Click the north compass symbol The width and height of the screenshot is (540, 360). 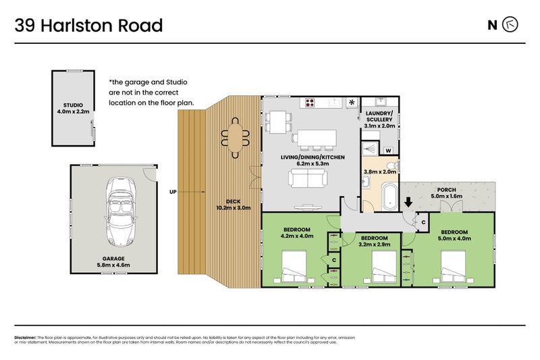pos(511,26)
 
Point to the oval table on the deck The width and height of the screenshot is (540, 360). pos(234,136)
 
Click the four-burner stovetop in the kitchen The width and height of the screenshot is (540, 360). pos(310,103)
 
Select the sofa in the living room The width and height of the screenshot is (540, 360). pos(308,178)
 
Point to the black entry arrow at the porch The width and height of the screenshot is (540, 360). pos(407,201)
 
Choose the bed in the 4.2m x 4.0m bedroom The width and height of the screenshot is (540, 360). pos(292,266)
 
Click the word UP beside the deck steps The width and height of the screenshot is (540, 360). pos(173,192)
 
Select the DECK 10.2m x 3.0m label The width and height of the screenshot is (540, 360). pos(233,204)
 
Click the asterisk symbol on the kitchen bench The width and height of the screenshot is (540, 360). pos(352,103)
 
